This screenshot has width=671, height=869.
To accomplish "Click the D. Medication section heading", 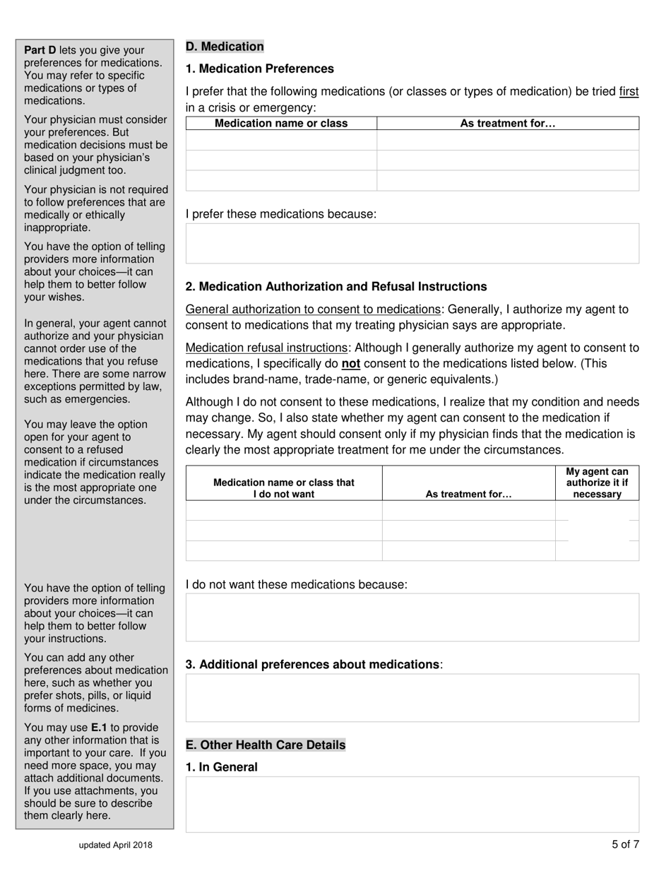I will (x=225, y=47).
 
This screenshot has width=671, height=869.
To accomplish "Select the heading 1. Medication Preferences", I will (x=259, y=69).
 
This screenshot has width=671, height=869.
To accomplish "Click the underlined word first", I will (x=629, y=92).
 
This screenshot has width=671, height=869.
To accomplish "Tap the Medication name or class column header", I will (x=281, y=124).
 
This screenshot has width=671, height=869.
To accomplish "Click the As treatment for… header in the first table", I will (x=508, y=124).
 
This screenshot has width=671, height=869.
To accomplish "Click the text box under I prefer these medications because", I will (x=412, y=244).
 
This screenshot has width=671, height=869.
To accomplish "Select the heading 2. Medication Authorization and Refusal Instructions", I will (x=335, y=287).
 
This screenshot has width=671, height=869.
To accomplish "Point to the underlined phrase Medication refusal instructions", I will (x=266, y=348).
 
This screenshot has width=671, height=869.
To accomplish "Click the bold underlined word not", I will (x=350, y=364).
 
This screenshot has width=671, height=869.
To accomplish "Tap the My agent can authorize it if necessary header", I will (x=597, y=483).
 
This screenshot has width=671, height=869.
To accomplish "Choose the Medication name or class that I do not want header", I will (x=284, y=488).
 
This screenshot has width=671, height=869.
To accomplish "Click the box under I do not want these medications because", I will (x=412, y=617).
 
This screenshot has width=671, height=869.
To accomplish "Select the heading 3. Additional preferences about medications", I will (x=311, y=665).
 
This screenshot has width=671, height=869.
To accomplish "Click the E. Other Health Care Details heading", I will (x=266, y=745).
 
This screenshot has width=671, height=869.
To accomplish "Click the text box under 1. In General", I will (x=412, y=804).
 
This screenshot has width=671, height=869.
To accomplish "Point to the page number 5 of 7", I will (x=625, y=844).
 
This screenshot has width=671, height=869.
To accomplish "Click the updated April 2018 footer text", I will (x=116, y=845).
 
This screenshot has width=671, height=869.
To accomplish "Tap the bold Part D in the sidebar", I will (x=40, y=50).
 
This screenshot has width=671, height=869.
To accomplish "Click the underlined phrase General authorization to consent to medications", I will (x=313, y=309).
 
